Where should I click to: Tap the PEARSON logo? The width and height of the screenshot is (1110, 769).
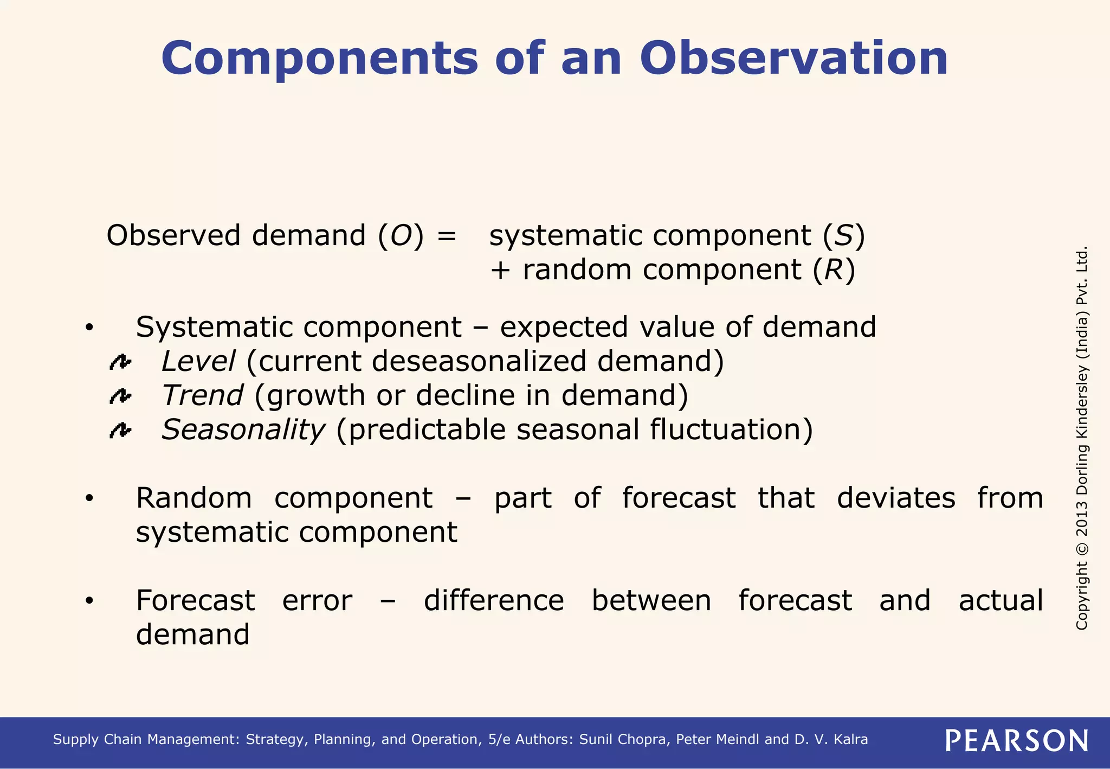[x=1017, y=740]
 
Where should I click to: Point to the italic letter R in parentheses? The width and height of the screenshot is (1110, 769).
[x=834, y=270]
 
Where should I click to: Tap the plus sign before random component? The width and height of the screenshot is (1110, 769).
[x=500, y=271]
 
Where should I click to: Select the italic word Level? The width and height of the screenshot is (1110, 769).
[x=198, y=361]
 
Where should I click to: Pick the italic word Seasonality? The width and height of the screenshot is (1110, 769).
[x=243, y=430]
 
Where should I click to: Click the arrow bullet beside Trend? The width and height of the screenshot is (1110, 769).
[x=120, y=396]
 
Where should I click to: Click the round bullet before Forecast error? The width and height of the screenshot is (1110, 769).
[x=89, y=601]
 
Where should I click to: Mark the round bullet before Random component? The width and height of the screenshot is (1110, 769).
[x=89, y=498]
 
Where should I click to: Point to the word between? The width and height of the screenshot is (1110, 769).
[x=651, y=600]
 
